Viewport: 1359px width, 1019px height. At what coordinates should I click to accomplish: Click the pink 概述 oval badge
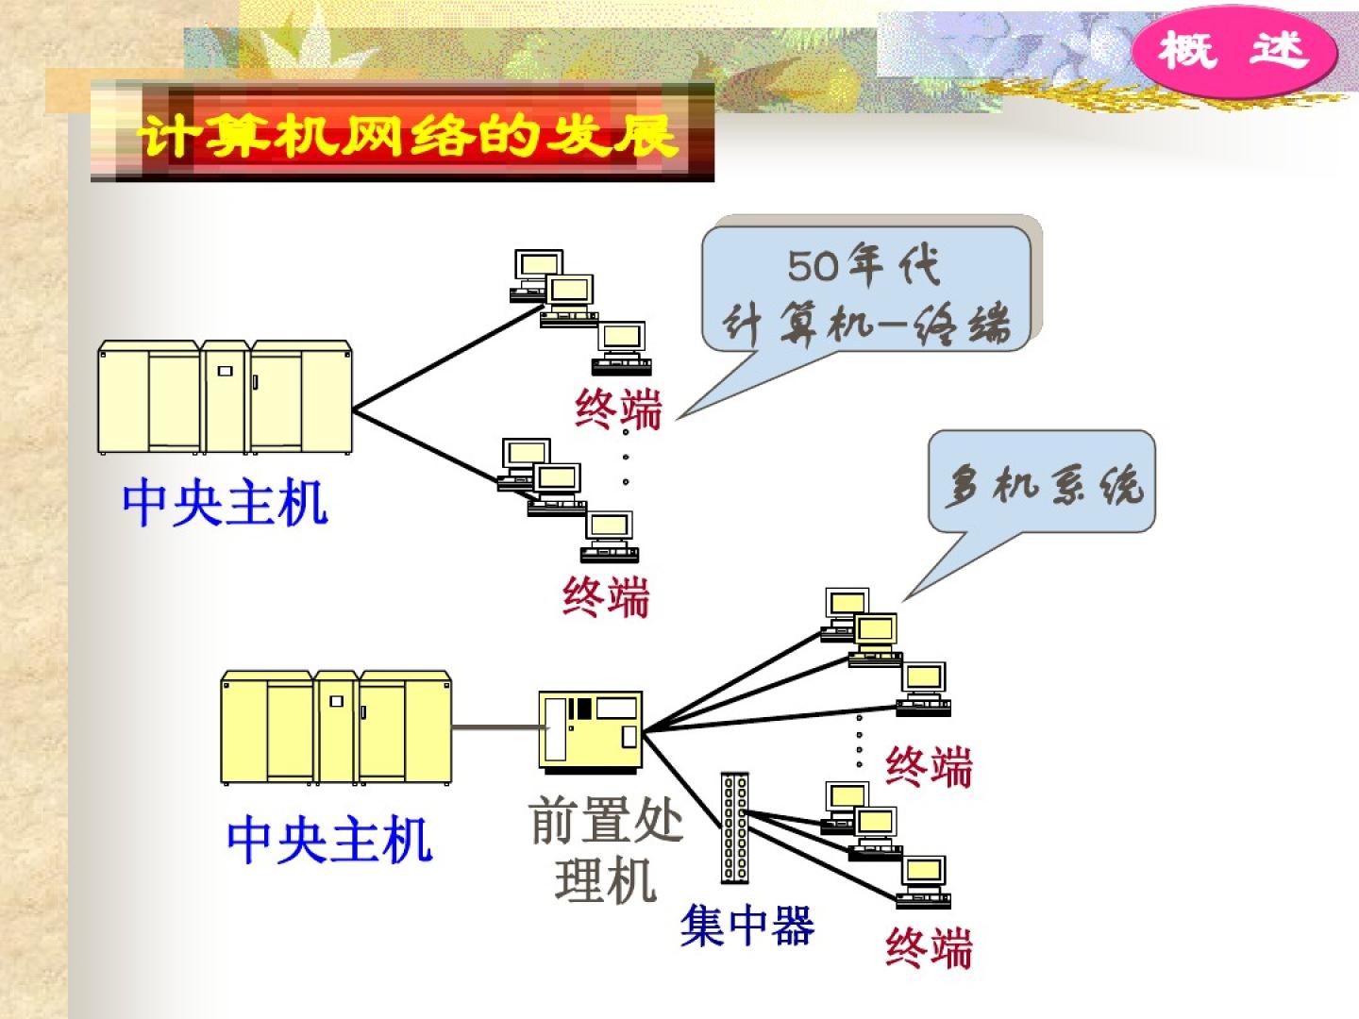click(1233, 50)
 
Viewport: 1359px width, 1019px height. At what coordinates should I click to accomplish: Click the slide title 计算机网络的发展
click(408, 135)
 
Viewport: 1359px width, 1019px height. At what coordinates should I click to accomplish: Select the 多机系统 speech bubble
click(1042, 483)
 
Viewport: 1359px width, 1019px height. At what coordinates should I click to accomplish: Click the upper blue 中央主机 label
click(225, 502)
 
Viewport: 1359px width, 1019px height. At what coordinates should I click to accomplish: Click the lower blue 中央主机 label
click(329, 839)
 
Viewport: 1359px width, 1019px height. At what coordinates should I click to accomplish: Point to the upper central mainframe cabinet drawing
click(225, 397)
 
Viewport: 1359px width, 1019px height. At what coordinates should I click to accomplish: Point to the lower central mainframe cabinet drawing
click(336, 727)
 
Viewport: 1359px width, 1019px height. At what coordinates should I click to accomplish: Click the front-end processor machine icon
click(591, 729)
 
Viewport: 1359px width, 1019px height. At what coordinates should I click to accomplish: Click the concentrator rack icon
click(734, 827)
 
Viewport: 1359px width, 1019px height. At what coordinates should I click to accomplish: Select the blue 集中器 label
click(747, 926)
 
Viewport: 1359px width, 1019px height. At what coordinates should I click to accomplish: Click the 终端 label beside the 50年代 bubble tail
click(618, 409)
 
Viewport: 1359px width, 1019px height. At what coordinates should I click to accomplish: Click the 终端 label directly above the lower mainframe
click(606, 596)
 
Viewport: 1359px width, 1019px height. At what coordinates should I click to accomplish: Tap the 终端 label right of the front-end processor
click(929, 766)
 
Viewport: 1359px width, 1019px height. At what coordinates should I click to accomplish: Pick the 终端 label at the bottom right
click(929, 946)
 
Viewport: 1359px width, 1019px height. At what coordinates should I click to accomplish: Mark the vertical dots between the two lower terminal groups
click(859, 741)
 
